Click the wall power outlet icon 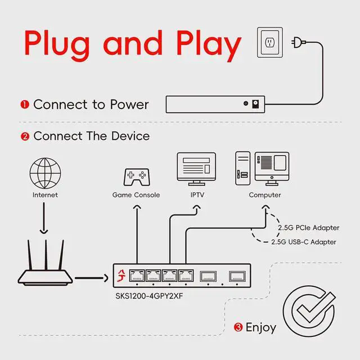tap(270, 43)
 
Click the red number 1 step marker tap(25, 105)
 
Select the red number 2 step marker tap(25, 136)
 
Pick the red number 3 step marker tap(238, 327)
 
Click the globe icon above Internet tap(45, 173)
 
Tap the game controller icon tap(137, 177)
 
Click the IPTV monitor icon tap(196, 169)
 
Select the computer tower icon tap(242, 168)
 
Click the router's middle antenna tap(46, 255)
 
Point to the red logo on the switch tap(121, 276)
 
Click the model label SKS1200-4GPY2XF tap(149, 296)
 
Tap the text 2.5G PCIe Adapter tap(308, 228)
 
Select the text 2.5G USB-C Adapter tap(304, 242)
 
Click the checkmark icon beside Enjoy tap(309, 311)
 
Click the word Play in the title tap(209, 46)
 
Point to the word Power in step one tap(129, 105)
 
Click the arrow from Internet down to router tap(44, 218)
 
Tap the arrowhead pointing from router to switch tap(106, 278)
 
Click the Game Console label tap(136, 195)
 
